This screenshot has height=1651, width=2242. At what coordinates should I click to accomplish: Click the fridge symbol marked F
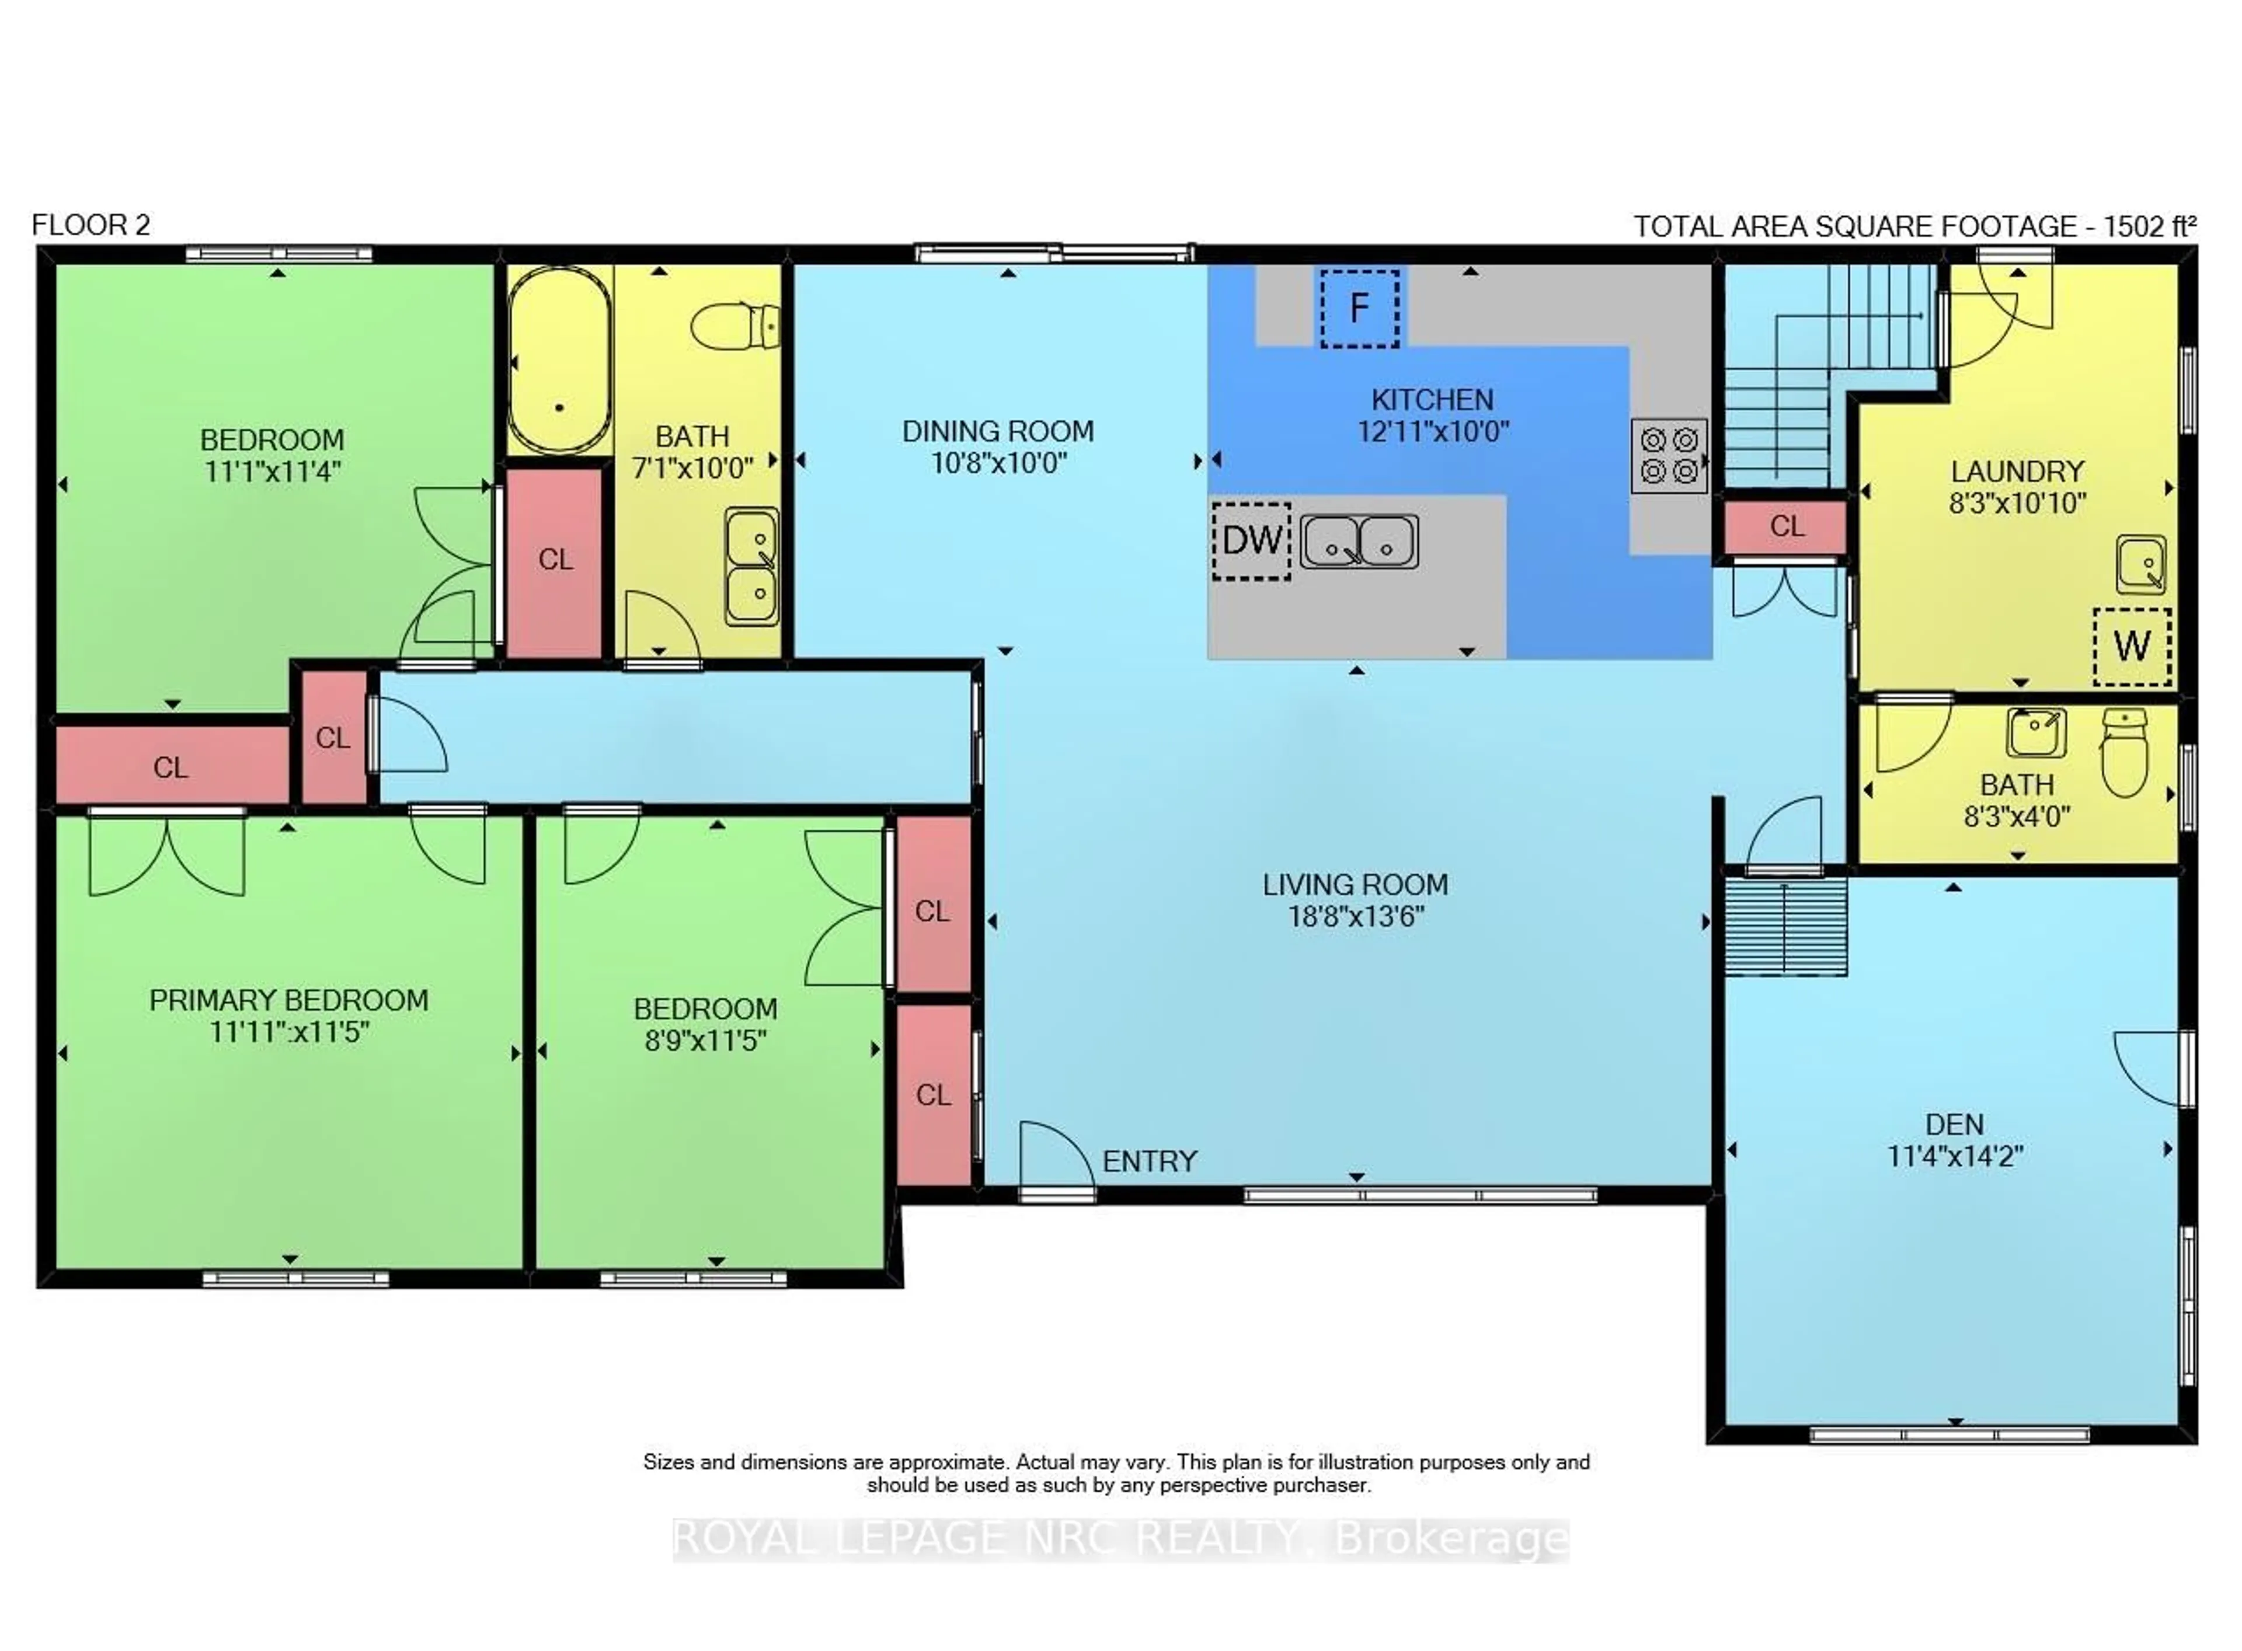click(x=1359, y=308)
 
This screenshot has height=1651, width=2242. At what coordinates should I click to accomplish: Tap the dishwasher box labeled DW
click(x=1251, y=540)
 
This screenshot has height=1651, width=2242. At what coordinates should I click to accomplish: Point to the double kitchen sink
click(x=1359, y=542)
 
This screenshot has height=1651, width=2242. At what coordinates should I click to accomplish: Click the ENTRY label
click(x=1150, y=1161)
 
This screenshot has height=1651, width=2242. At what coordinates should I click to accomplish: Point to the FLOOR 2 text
click(x=91, y=225)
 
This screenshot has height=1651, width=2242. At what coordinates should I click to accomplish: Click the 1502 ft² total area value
click(x=2149, y=227)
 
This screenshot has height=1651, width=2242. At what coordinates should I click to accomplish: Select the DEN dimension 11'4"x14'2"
click(x=1954, y=1156)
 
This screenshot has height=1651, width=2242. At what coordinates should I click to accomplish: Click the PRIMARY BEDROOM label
click(x=289, y=1000)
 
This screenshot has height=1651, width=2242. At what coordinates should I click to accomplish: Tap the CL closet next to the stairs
click(x=1786, y=526)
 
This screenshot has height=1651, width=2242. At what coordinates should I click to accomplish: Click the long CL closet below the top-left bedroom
click(x=171, y=766)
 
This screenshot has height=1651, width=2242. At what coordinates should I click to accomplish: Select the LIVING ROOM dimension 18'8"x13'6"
click(x=1355, y=916)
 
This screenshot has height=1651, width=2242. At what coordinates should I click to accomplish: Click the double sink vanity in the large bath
click(x=751, y=567)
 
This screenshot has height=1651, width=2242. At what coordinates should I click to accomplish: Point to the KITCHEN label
click(x=1432, y=400)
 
